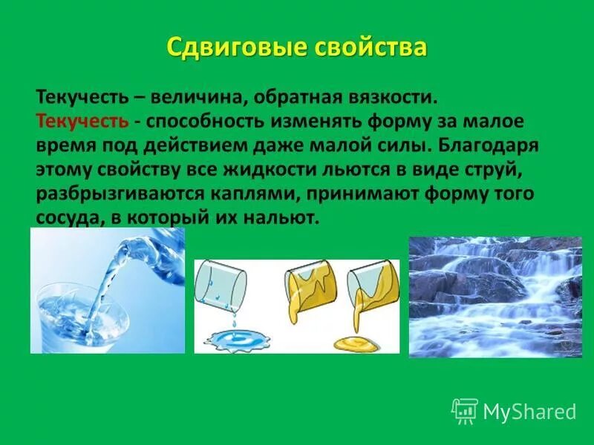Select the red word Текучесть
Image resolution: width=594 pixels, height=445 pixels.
(x=82, y=120)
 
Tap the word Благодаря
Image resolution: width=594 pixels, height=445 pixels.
(x=492, y=145)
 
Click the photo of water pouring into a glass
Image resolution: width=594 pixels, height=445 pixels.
(x=107, y=291)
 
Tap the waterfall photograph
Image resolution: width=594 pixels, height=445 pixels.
(x=495, y=297)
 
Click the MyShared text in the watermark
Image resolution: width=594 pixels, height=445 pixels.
(x=529, y=412)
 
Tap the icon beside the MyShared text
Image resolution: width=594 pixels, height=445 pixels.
(x=465, y=411)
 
